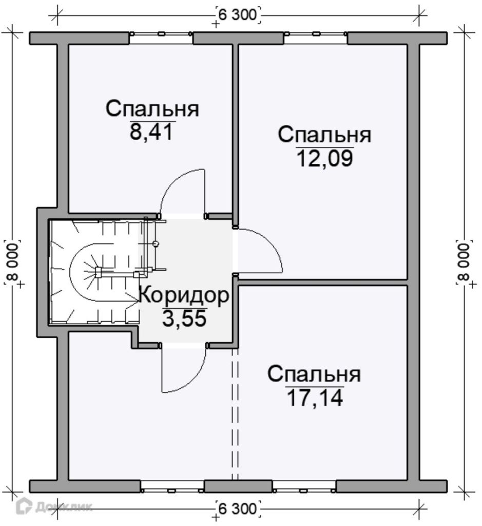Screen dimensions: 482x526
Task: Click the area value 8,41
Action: [x=152, y=132]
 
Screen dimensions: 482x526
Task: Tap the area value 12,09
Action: [x=325, y=158]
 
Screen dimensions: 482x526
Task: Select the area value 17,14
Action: [x=315, y=398]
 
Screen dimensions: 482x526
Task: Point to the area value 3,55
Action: [x=184, y=318]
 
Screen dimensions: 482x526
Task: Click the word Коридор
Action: [x=184, y=295]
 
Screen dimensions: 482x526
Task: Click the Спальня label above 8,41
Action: [x=152, y=109]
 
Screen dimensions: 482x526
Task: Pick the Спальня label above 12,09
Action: [x=324, y=135]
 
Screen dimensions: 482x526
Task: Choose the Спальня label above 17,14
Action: [x=314, y=374]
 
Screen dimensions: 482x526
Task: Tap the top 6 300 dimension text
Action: [x=238, y=15]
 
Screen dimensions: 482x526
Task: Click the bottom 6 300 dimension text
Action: [x=238, y=509]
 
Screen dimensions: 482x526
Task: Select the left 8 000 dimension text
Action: [x=13, y=262]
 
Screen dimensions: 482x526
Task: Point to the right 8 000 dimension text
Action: [x=464, y=262]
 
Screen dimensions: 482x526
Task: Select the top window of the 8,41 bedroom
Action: [x=161, y=33]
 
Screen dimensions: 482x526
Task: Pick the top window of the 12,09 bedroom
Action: [x=315, y=33]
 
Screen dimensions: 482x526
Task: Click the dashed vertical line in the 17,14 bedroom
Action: [x=235, y=415]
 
